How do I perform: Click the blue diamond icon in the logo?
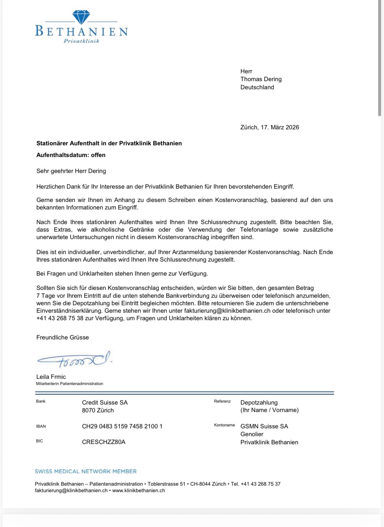click(81, 17)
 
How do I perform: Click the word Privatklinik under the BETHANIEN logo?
click(81, 41)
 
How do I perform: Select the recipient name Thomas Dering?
click(261, 79)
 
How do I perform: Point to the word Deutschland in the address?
click(257, 87)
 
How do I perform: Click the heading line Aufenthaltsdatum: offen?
click(71, 155)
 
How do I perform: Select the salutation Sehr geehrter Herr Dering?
click(71, 171)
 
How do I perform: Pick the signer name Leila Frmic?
click(51, 377)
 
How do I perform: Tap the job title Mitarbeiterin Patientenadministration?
click(69, 384)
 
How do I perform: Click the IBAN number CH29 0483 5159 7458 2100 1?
click(122, 426)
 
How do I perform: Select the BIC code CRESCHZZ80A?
click(104, 442)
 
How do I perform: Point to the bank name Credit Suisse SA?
click(105, 403)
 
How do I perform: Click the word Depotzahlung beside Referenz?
click(259, 403)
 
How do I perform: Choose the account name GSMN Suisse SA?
click(264, 426)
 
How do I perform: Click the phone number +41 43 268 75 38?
click(60, 318)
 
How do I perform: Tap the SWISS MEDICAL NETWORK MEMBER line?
click(86, 471)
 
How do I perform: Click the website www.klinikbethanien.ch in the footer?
click(138, 491)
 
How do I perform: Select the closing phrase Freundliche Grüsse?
click(63, 337)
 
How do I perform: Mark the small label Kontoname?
click(224, 425)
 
